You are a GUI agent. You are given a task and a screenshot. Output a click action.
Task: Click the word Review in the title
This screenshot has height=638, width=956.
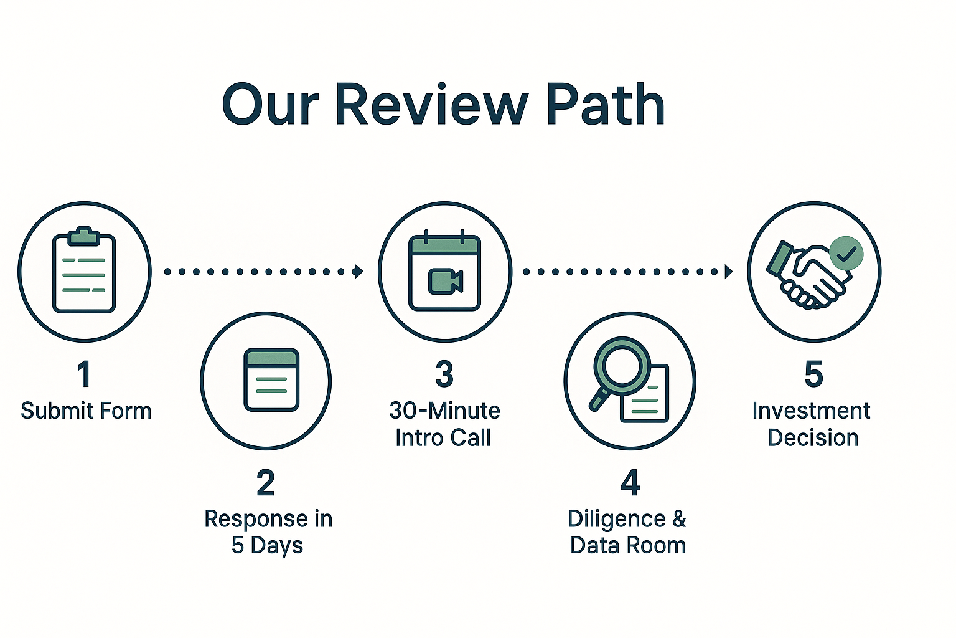(431, 105)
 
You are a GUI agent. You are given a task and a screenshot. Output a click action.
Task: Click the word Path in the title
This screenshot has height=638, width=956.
(605, 105)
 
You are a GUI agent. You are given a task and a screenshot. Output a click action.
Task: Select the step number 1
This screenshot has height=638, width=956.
(84, 374)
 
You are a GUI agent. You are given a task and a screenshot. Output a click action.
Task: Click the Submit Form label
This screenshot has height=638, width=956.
(86, 411)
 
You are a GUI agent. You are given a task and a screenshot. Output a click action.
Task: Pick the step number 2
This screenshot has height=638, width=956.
(266, 483)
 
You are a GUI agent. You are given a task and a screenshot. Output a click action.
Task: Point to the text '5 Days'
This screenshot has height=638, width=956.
(267, 545)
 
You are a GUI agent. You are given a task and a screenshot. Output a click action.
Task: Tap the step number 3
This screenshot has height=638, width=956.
(444, 374)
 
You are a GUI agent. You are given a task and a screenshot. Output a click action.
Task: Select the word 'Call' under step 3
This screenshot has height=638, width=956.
(470, 438)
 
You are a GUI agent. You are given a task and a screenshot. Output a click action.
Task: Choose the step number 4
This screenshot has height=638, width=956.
(630, 483)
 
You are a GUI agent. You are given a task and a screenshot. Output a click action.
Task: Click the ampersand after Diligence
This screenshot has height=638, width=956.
(678, 518)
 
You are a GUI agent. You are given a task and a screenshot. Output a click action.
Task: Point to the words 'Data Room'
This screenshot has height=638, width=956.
(628, 545)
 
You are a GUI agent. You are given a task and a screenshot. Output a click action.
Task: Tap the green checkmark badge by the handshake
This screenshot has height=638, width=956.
(846, 253)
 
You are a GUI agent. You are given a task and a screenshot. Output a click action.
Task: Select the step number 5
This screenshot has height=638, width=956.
(813, 374)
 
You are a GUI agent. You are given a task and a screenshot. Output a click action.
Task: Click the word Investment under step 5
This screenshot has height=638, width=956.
(811, 411)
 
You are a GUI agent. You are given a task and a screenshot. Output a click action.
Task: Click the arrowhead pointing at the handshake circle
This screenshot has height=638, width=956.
(729, 271)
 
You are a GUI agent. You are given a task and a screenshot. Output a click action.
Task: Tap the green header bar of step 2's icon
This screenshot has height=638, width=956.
(271, 358)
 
